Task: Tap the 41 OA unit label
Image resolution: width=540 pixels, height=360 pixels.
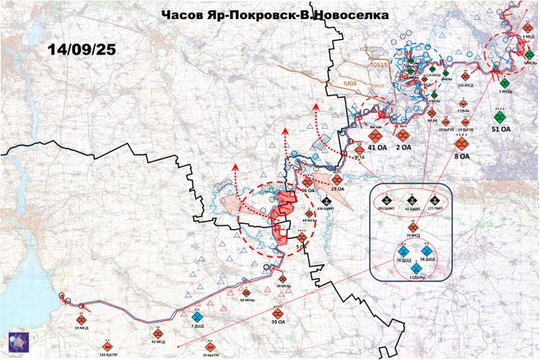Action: tap(379, 146)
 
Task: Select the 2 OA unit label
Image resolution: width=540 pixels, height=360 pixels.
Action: tap(405, 146)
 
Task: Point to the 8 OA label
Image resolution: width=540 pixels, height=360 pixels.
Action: tap(462, 156)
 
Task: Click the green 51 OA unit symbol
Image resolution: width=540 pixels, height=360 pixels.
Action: tap(501, 117)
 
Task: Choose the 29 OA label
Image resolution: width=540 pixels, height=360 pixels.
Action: tap(337, 189)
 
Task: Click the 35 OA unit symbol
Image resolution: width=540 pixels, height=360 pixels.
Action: tap(277, 312)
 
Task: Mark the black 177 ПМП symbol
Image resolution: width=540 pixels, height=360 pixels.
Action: tap(435, 200)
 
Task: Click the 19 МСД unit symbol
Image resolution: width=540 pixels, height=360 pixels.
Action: tap(80, 319)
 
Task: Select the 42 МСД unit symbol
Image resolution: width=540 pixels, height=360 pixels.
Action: tap(157, 333)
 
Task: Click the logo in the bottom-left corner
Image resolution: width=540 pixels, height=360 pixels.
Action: tap(18, 340)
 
